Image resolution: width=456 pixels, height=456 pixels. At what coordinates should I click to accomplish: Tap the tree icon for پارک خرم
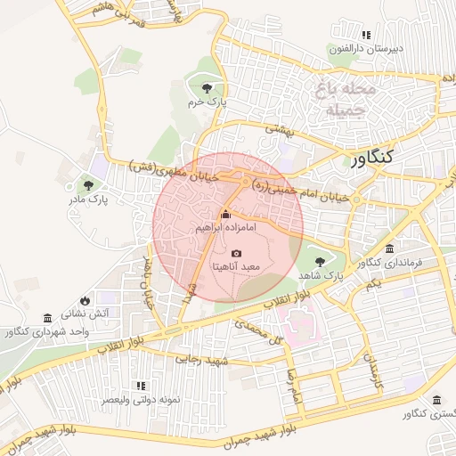(208, 87)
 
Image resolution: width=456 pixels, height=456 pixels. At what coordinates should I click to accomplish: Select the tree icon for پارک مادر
(88, 185)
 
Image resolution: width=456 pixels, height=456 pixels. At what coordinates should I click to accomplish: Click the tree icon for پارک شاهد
(321, 262)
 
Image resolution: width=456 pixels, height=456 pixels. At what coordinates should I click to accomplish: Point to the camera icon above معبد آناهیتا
(236, 254)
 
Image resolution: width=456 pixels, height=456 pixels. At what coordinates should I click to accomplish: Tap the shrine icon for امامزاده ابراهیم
(225, 215)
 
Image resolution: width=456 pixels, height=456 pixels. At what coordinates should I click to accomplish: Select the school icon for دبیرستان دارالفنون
(363, 35)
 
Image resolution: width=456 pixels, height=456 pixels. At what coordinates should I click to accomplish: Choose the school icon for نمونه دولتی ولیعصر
(141, 386)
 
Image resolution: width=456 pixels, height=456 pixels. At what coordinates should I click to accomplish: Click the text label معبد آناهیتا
(236, 267)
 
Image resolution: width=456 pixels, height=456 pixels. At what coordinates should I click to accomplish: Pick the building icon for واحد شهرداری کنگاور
(47, 318)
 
